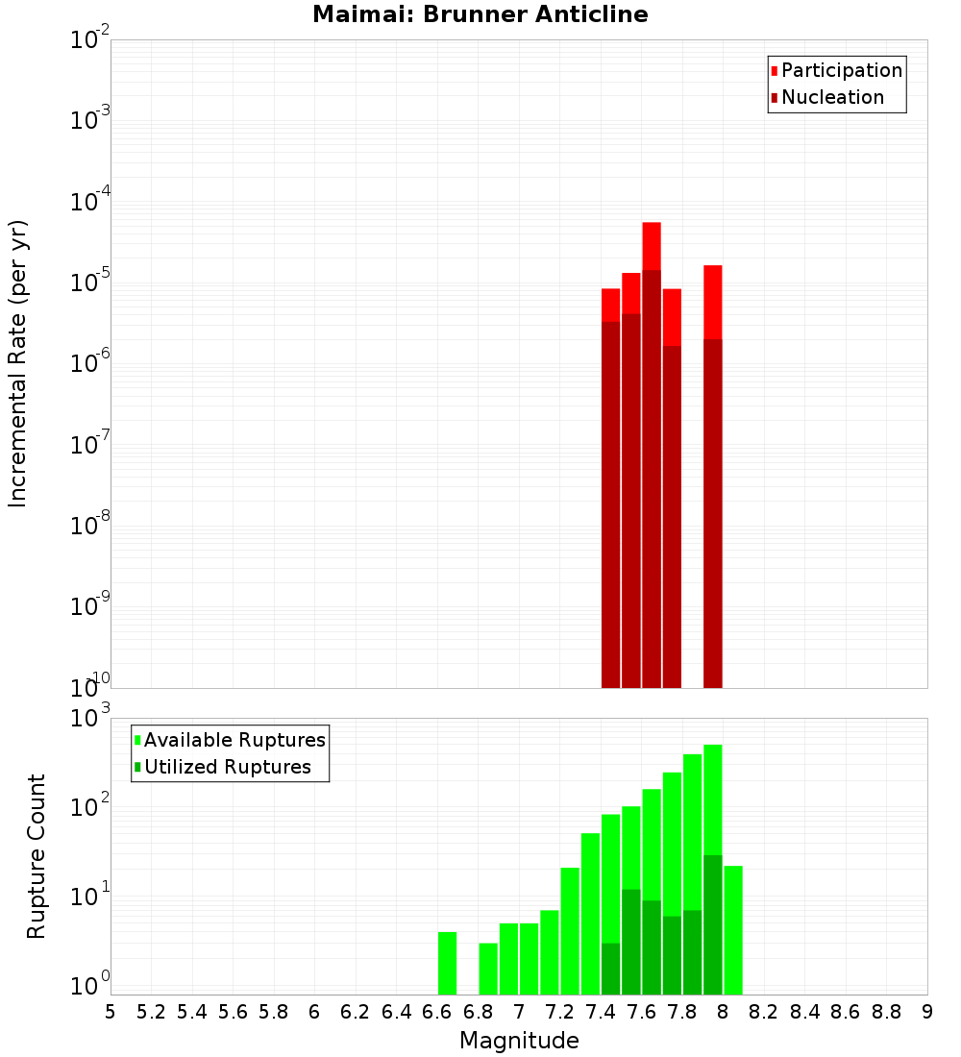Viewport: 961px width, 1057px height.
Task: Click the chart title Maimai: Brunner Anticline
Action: coord(480,14)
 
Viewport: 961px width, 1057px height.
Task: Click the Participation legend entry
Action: coord(841,70)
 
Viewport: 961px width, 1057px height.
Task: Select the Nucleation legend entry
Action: coord(832,97)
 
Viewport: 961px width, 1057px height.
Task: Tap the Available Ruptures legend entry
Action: coord(234,740)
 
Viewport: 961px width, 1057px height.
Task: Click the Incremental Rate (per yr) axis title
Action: coord(18,363)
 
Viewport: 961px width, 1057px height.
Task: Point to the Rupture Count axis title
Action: coord(37,856)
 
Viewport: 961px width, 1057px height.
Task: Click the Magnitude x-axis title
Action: coord(519,1041)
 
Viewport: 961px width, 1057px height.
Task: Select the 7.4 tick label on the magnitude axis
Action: coord(601,1011)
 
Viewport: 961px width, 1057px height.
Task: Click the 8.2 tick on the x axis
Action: coord(764,1011)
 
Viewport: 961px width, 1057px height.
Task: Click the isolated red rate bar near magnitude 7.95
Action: coord(712,303)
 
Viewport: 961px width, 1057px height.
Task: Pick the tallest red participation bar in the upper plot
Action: coord(652,245)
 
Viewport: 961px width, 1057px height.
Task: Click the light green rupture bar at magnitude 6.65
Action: coord(447,963)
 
